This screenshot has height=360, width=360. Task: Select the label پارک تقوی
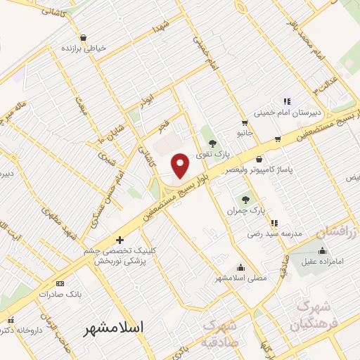213,153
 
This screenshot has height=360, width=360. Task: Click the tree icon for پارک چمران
245,199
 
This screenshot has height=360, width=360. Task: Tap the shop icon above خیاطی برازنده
83,37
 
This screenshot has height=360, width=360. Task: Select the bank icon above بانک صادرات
59,284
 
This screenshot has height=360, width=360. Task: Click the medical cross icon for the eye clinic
120,240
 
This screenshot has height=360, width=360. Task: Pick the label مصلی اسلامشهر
241,278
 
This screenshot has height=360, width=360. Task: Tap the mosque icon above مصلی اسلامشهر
241,267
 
